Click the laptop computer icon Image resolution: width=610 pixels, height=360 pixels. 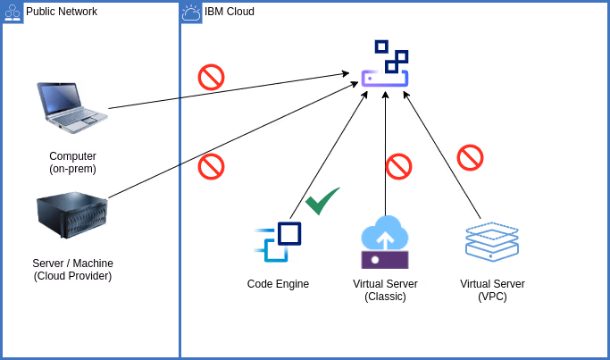coord(71,106)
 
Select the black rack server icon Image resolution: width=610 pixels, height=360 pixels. coord(71,214)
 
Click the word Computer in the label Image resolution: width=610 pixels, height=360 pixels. coord(72,156)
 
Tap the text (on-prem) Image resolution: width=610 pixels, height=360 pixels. coord(72,169)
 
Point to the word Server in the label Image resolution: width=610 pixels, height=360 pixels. coord(49,264)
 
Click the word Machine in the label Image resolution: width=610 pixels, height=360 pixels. coord(93,264)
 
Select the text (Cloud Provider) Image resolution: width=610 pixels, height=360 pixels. coord(72,276)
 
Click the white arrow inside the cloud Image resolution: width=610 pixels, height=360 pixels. coord(385,239)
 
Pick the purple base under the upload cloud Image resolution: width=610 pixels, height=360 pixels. coord(385,260)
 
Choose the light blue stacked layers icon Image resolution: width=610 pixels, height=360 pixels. coord(492,241)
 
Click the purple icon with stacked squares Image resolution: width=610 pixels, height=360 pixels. coord(385,63)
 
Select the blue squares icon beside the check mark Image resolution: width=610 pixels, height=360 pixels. coord(278,241)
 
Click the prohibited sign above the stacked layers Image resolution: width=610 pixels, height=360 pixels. coord(470,157)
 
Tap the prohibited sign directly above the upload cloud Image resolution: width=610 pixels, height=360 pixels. coord(398,166)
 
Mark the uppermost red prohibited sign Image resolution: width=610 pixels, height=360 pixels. coord(211,77)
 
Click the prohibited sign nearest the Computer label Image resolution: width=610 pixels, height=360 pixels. coord(211,166)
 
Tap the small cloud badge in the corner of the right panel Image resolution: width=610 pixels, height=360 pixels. coord(191,13)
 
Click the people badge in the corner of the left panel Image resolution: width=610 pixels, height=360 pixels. coord(13,13)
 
